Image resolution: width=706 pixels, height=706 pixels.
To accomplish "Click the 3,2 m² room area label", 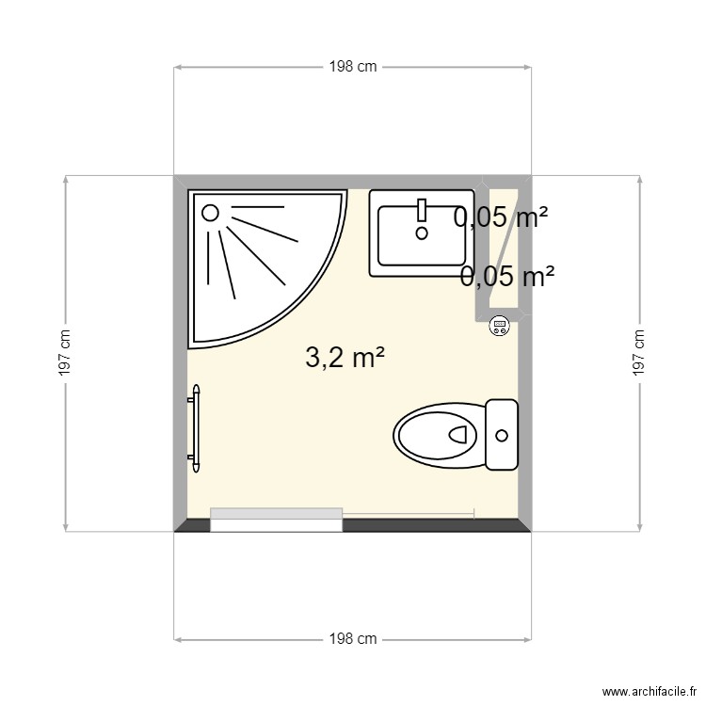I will click(x=345, y=357).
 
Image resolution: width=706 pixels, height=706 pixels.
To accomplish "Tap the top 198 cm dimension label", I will click(x=353, y=67).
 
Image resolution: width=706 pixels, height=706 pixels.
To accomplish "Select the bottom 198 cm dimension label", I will click(x=353, y=639).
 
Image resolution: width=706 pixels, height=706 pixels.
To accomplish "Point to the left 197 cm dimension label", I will click(x=65, y=353).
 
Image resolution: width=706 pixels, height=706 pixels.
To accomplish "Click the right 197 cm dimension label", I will click(x=639, y=353).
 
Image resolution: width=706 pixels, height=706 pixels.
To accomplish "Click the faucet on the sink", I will click(x=422, y=209).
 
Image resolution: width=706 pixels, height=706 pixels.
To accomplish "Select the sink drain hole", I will click(x=422, y=232).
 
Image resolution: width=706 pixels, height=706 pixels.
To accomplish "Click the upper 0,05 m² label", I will click(x=501, y=218).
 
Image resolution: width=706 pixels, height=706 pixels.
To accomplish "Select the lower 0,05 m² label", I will click(x=507, y=276).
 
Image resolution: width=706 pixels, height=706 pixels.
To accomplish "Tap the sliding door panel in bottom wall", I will click(x=276, y=518).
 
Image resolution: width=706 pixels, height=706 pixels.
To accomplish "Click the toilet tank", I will click(x=502, y=434).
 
